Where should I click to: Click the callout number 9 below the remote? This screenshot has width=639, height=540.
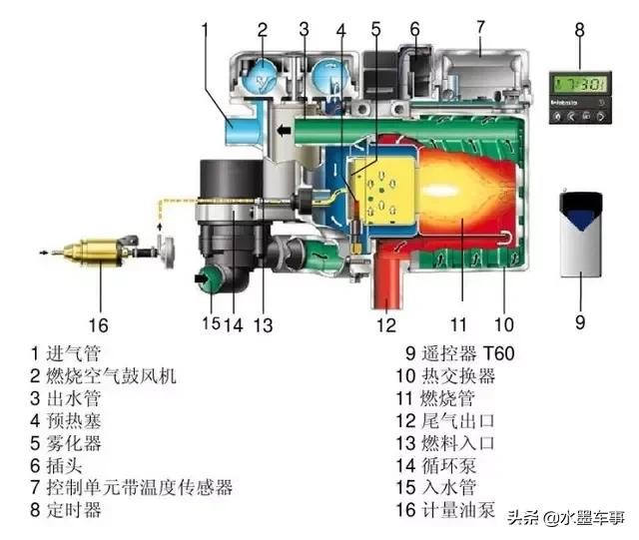pos(580,322)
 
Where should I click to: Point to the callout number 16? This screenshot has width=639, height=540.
pos(99,324)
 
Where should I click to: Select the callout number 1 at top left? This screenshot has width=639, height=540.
pos(205,29)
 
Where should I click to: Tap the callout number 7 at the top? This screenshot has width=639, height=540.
pos(480,26)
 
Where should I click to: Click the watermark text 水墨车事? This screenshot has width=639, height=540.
pos(590,517)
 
